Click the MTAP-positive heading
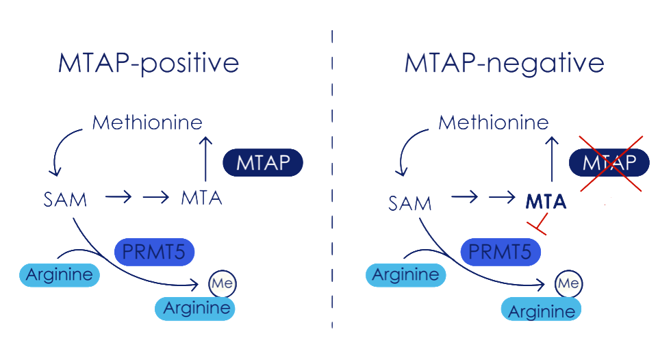tap(149, 64)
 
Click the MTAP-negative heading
tap(504, 64)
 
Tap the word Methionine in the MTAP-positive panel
tap(147, 123)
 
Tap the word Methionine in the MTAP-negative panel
tap(494, 123)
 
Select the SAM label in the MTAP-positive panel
tap(64, 199)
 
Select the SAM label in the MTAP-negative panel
tap(410, 203)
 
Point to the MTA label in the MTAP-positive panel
tap(202, 198)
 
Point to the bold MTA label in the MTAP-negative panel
tap(546, 202)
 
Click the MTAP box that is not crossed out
tap(263, 163)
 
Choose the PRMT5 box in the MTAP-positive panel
tap(154, 253)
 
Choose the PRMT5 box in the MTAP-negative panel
tap(500, 253)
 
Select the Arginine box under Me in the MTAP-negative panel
tap(541, 311)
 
